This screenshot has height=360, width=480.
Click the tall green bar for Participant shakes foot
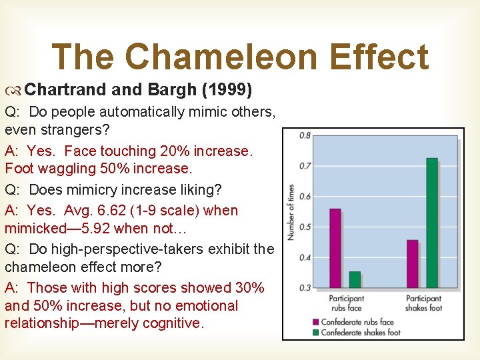point(432,223)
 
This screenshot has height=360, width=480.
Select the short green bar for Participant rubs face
point(355,279)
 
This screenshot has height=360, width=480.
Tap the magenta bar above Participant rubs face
point(335,248)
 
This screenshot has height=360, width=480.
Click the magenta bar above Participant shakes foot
point(413,263)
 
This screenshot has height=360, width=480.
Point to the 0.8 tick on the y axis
point(305,135)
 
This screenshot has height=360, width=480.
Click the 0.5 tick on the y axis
point(305,227)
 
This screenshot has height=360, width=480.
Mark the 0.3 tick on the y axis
point(305,288)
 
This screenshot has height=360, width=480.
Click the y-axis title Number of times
point(291,212)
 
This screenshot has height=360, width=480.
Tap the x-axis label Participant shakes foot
point(423,303)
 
